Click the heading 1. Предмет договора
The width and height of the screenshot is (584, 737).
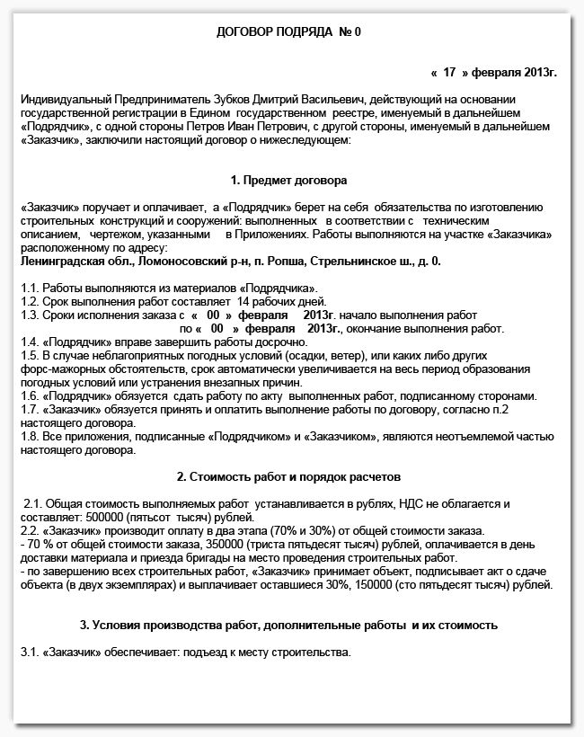tap(288, 181)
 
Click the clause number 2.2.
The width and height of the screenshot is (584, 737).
tap(30, 531)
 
